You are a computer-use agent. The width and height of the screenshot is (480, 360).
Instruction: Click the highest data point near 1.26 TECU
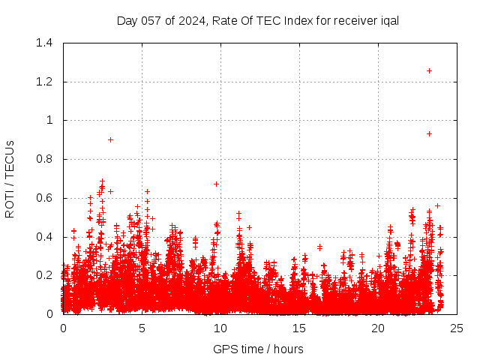pyautogui.click(x=429, y=70)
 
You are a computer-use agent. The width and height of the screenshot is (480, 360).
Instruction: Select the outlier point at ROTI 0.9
pyautogui.click(x=110, y=139)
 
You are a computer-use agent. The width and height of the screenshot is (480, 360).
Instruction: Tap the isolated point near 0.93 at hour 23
pyautogui.click(x=429, y=133)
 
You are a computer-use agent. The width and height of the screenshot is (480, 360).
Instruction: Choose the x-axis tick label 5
pyautogui.click(x=142, y=328)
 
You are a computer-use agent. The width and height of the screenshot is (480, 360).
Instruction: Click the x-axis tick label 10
pyautogui.click(x=220, y=328)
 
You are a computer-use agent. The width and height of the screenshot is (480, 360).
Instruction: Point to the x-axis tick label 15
pyautogui.click(x=299, y=328)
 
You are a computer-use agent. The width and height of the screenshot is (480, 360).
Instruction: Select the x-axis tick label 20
pyautogui.click(x=378, y=328)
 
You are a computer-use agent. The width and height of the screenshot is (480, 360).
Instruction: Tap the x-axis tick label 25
pyautogui.click(x=457, y=328)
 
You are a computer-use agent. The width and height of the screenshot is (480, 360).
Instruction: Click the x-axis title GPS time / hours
pyautogui.click(x=258, y=349)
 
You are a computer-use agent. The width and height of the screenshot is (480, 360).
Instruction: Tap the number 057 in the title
pyautogui.click(x=150, y=20)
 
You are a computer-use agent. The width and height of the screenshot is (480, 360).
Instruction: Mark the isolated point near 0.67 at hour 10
pyautogui.click(x=216, y=184)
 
